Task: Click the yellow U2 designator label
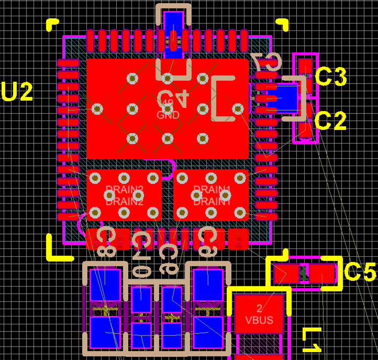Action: pos(17,92)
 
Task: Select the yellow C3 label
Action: pos(332,78)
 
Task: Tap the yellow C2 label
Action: pos(332,121)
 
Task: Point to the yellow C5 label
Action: pos(361,272)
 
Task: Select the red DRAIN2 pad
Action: pos(124,195)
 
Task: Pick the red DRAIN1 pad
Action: pos(212,195)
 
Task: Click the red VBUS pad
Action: pos(259,313)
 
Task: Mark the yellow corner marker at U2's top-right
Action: pos(282,24)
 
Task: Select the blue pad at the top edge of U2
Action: pos(173,34)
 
